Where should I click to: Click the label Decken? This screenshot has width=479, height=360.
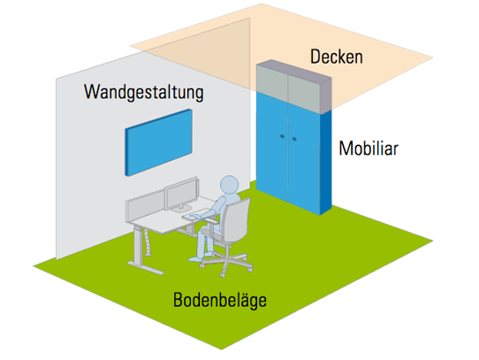(x=337, y=57)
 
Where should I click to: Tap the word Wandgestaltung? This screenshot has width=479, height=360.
(x=143, y=92)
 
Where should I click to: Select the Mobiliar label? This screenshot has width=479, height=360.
(x=369, y=149)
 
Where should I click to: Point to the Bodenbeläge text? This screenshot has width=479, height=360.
(x=220, y=300)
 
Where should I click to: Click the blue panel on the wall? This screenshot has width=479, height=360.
(x=158, y=142)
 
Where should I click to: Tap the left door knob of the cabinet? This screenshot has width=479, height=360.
(x=282, y=136)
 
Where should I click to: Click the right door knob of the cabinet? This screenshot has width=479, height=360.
(x=294, y=139)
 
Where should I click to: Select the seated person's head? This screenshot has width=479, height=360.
(x=230, y=185)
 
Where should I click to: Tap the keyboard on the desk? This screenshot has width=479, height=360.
(x=196, y=213)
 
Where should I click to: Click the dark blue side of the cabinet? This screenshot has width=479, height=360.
(x=325, y=161)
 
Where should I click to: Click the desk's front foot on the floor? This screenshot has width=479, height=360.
(x=146, y=268)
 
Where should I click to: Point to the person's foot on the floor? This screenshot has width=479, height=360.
(x=196, y=259)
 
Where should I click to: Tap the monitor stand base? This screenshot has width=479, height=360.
(x=181, y=210)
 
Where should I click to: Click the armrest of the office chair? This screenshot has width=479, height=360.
(x=211, y=220)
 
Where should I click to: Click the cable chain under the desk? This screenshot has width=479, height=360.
(x=148, y=241)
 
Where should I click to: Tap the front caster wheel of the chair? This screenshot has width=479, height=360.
(x=222, y=274)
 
